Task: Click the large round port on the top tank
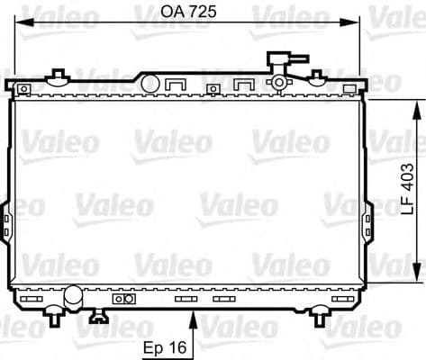coord(150,83)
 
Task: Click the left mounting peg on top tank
coord(59,76)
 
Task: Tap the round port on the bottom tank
coord(72,294)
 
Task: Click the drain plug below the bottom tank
coord(96,316)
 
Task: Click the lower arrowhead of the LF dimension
coord(416,278)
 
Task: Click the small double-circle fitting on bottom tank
coord(123,298)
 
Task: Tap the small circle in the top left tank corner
coord(26,89)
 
